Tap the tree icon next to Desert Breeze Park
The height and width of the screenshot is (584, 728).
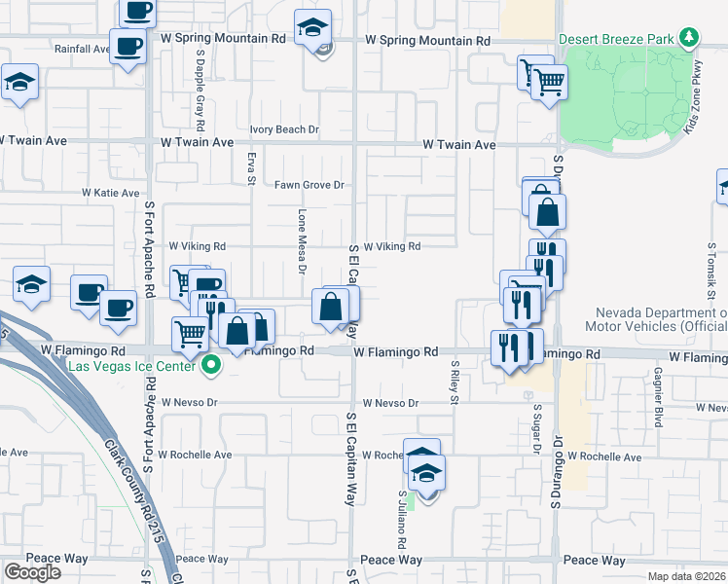point(690,38)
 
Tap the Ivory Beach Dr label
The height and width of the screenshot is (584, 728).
point(284,129)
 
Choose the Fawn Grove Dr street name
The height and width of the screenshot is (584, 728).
point(309,185)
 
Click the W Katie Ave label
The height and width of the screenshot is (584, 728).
point(110,194)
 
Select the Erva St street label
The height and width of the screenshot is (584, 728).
point(251,166)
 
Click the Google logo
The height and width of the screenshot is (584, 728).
point(33,572)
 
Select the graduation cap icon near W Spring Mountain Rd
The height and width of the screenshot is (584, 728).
point(313,28)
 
